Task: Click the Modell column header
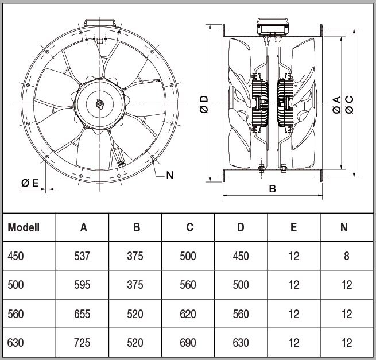click(x=24, y=227)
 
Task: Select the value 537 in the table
click(x=82, y=256)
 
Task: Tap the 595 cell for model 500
click(x=82, y=285)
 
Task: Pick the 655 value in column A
click(x=82, y=314)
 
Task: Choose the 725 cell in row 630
click(x=82, y=343)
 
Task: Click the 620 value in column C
click(x=188, y=314)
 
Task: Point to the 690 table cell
click(x=188, y=343)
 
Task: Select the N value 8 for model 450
click(x=347, y=256)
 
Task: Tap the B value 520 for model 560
click(x=135, y=314)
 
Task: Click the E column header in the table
click(x=294, y=227)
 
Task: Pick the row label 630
click(x=15, y=343)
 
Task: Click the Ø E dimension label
click(x=30, y=183)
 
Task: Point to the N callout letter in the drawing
click(x=170, y=175)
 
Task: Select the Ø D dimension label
click(x=204, y=104)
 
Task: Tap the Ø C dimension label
click(x=349, y=104)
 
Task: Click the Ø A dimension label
click(x=336, y=105)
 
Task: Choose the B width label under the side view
click(x=273, y=189)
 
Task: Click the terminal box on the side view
click(x=273, y=26)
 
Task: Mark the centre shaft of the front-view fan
click(x=99, y=104)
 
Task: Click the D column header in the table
click(x=241, y=227)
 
